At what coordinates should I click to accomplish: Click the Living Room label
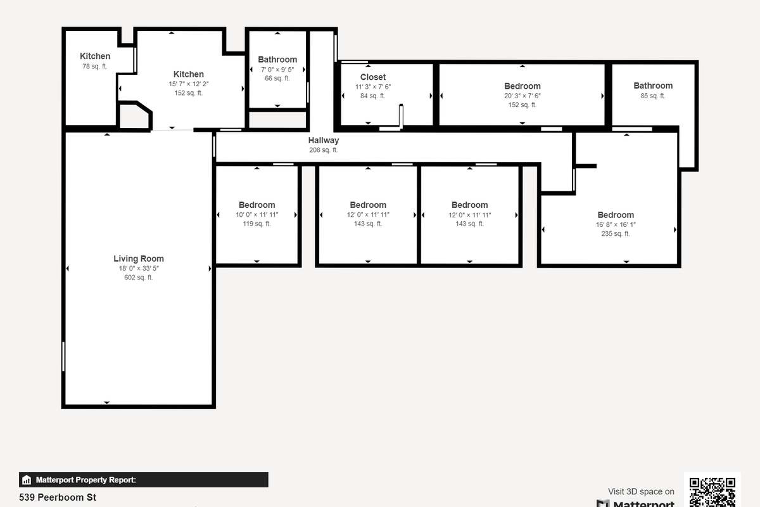pyautogui.click(x=139, y=259)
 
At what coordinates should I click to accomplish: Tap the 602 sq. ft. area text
pyautogui.click(x=139, y=278)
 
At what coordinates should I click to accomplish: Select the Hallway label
pyautogui.click(x=324, y=141)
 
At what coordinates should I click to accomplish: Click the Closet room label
pyautogui.click(x=373, y=77)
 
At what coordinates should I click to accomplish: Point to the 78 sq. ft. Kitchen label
pyautogui.click(x=95, y=56)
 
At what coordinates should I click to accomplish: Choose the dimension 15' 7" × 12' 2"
pyautogui.click(x=189, y=84)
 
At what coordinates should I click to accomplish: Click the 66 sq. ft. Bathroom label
pyautogui.click(x=277, y=60)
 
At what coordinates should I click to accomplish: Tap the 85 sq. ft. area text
pyautogui.click(x=653, y=96)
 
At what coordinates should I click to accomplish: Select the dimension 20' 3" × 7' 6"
pyautogui.click(x=522, y=96)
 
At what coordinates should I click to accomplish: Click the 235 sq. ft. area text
pyautogui.click(x=616, y=234)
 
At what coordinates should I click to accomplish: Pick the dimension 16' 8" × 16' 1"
pyautogui.click(x=616, y=224)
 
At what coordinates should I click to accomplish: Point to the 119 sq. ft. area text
pyautogui.click(x=257, y=224)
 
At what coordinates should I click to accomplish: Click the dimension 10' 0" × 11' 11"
pyautogui.click(x=257, y=214)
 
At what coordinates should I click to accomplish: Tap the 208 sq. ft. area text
pyautogui.click(x=324, y=150)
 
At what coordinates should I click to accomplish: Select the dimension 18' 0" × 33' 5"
pyautogui.click(x=139, y=269)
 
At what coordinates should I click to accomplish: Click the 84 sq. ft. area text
pyautogui.click(x=373, y=96)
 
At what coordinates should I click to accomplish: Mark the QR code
pyautogui.click(x=712, y=491)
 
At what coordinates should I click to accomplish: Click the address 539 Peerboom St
pyautogui.click(x=58, y=497)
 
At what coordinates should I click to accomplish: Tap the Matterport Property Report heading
pyautogui.click(x=85, y=480)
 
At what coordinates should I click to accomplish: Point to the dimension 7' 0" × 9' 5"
pyautogui.click(x=277, y=70)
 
